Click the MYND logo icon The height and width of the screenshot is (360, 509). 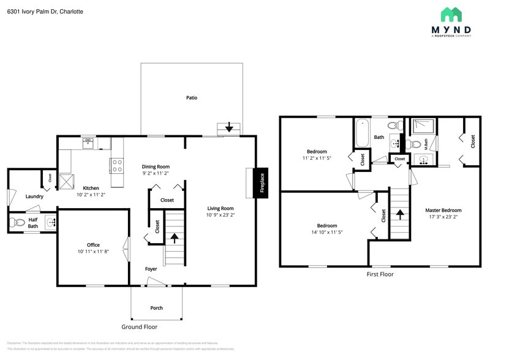[451, 15]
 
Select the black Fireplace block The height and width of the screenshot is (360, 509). [261, 183]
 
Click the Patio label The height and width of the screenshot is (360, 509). [192, 97]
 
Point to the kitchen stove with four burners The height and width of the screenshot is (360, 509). [116, 165]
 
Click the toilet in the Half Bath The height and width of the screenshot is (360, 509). [17, 222]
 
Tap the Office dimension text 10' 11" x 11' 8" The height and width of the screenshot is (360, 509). [93, 252]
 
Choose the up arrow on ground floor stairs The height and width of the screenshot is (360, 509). [175, 237]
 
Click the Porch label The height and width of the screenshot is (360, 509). [157, 308]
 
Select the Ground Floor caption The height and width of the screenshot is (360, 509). [139, 327]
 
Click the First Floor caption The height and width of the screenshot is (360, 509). [380, 274]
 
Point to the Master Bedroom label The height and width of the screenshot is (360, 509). [443, 210]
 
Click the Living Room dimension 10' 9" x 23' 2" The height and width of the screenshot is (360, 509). [220, 215]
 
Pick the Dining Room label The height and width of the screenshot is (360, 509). [156, 167]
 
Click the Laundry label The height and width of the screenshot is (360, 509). [34, 197]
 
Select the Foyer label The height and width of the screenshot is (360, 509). [151, 269]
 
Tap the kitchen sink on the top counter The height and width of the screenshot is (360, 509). [88, 143]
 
